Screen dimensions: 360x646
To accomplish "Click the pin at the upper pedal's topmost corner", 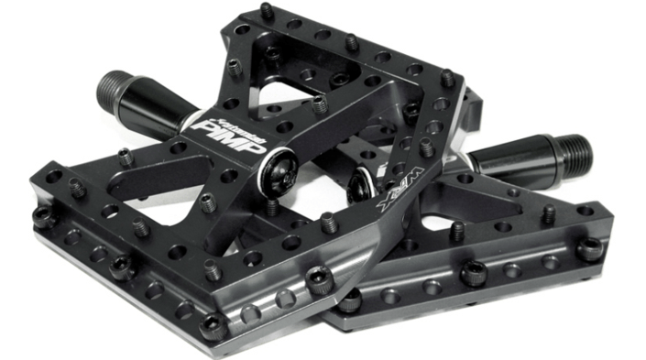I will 267,11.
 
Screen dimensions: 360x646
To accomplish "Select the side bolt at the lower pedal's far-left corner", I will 42,217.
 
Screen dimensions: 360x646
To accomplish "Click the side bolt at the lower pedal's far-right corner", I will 591,248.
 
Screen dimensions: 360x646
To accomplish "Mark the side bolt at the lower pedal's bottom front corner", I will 213,326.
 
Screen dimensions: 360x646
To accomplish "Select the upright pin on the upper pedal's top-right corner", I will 446,77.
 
